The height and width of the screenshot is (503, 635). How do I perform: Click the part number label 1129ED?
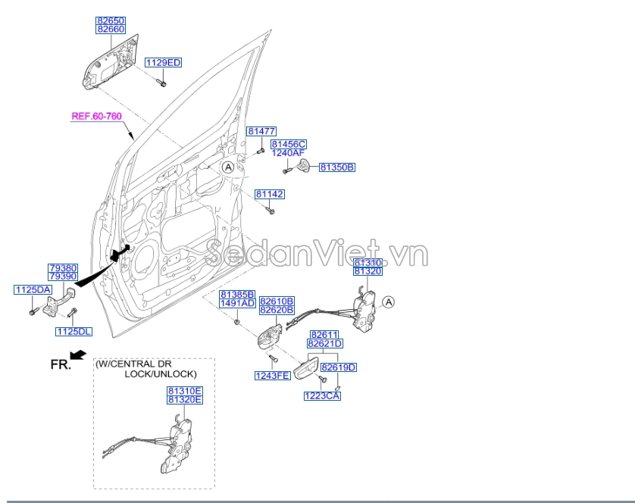point(163,62)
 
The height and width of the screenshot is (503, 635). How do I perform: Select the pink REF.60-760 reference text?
point(96,117)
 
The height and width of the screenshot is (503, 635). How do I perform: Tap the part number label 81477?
point(261,131)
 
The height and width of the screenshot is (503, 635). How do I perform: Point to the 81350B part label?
point(336,167)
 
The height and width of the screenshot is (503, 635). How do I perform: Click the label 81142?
point(269,195)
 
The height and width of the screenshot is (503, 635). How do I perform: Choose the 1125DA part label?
point(32,290)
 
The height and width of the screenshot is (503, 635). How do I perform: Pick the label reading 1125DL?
point(74,331)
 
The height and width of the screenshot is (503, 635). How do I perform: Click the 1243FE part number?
point(272,376)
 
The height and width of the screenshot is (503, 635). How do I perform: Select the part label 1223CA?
point(322,395)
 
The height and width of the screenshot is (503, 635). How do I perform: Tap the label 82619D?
point(338,367)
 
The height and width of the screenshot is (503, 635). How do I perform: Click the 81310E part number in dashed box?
point(185,390)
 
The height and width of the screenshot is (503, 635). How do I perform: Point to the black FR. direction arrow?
point(77,355)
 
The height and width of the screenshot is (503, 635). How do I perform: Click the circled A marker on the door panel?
point(228,167)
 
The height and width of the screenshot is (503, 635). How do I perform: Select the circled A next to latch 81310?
point(388,302)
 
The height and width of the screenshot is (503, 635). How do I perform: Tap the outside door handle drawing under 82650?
point(111,62)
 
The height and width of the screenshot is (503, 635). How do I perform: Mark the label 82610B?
point(277,301)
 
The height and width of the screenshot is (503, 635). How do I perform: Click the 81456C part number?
point(288,143)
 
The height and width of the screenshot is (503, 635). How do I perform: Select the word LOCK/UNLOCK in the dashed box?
point(161,374)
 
